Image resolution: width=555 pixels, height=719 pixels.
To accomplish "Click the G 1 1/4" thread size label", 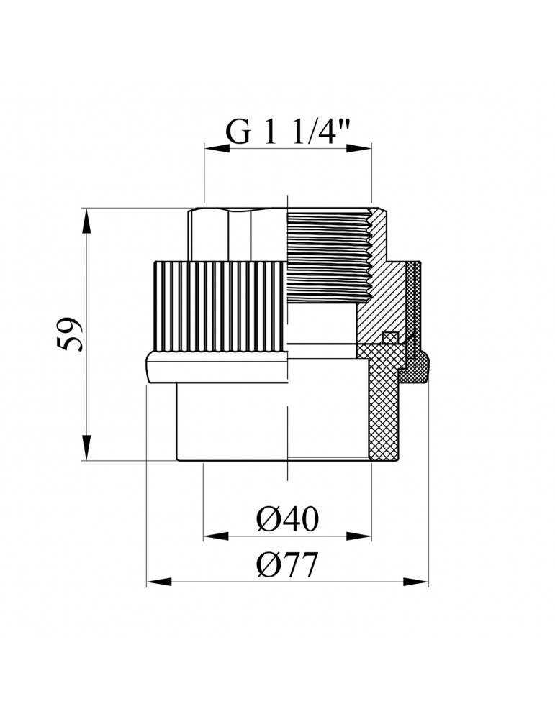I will (x=288, y=132).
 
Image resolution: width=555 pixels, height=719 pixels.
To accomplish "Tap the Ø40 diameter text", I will (x=287, y=518).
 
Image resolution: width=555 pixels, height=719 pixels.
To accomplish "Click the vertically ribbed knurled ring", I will (x=220, y=306).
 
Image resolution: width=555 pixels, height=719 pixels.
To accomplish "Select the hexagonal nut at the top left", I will (x=238, y=234).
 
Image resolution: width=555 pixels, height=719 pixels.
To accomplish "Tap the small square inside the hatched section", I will (x=389, y=337).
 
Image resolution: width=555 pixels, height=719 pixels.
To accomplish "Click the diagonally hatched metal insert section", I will (x=382, y=302).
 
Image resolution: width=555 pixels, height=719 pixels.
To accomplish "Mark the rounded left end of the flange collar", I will (x=149, y=367).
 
